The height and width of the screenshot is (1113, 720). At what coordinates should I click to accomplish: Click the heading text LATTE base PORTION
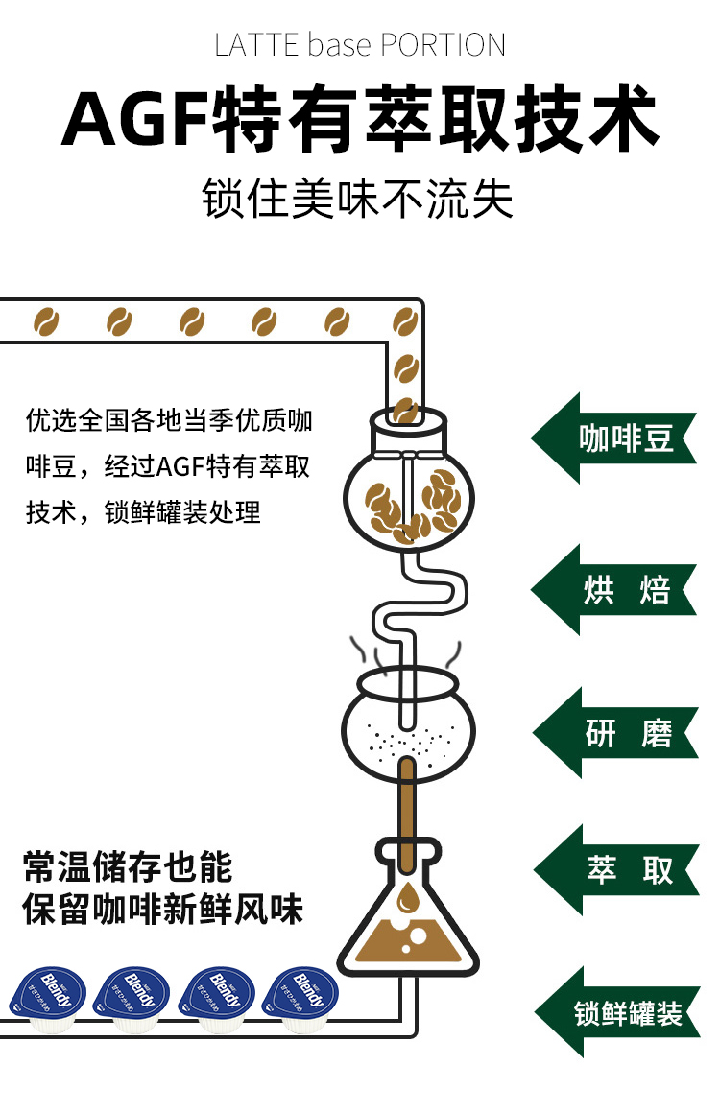tap(360, 45)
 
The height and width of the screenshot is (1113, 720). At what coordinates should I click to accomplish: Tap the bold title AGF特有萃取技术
tap(360, 120)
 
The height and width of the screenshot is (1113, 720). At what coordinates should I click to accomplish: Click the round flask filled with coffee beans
tap(408, 499)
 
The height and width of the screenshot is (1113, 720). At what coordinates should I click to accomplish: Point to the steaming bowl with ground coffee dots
tap(408, 724)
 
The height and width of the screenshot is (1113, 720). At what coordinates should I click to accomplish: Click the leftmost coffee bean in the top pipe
tap(45, 320)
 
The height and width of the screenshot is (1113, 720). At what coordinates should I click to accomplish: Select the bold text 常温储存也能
tap(129, 866)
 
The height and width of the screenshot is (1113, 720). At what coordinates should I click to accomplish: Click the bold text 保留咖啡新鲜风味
tap(163, 909)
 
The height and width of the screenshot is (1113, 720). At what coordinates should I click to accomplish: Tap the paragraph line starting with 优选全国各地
tap(169, 420)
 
